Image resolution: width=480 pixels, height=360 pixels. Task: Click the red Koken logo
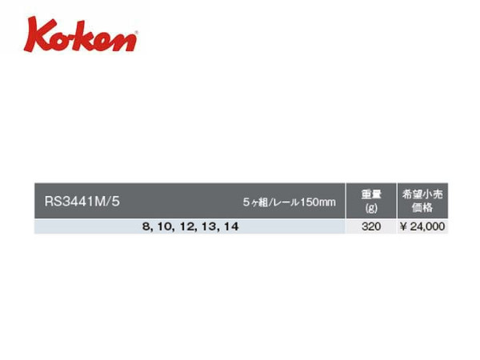pos(81,34)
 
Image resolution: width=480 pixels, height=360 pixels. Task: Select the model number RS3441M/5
pos(82,202)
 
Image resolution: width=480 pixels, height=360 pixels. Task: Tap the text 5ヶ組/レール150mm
pos(290,202)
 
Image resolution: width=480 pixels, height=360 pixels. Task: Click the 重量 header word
pos(371,194)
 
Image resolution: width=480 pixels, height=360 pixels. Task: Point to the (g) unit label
pos(371,208)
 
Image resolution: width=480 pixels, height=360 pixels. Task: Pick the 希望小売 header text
pos(422,194)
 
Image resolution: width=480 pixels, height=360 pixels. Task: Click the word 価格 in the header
pos(422,208)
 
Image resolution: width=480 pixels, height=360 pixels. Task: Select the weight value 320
pos(371,226)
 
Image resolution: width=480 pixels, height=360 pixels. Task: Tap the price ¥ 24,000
pos(422,226)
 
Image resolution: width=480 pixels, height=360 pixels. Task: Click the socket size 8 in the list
pos(146,227)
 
